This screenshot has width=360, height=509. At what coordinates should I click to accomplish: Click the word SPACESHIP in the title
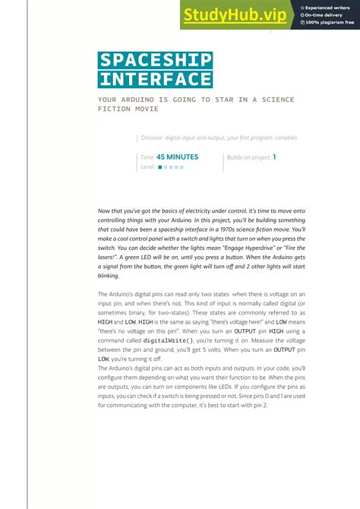(155, 61)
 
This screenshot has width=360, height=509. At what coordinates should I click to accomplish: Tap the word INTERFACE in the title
(155, 79)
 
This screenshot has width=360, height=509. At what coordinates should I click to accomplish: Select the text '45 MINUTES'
(177, 157)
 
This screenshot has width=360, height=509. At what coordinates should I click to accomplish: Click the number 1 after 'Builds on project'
(274, 157)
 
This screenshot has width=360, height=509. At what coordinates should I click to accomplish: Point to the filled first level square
(160, 167)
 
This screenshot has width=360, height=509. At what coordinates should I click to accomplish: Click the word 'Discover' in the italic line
(154, 138)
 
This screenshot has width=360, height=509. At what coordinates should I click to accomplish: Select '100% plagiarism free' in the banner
(330, 23)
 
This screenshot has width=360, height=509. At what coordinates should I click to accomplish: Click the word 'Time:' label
(147, 157)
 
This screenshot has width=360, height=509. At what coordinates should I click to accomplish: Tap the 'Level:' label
(148, 166)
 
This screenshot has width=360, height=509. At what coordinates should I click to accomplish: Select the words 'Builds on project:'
(248, 157)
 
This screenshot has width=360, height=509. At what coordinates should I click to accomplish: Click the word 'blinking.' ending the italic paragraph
(109, 275)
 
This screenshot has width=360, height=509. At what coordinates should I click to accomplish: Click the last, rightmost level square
(182, 167)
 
